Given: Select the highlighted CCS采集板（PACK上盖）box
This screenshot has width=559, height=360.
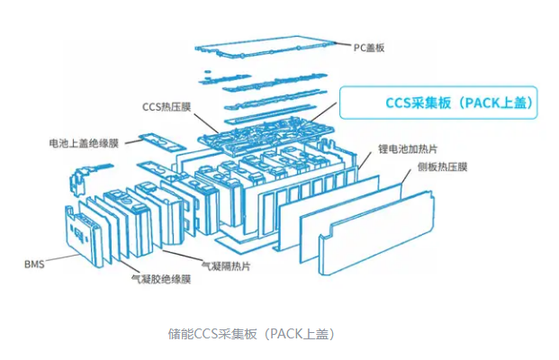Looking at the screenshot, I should (x=438, y=103).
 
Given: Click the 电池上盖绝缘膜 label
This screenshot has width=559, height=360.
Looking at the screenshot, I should (x=86, y=142).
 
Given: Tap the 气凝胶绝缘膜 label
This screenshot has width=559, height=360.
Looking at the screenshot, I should (x=161, y=280).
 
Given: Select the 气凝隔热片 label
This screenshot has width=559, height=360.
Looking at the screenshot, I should (x=226, y=265).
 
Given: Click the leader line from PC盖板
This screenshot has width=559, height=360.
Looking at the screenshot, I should (x=343, y=45).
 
